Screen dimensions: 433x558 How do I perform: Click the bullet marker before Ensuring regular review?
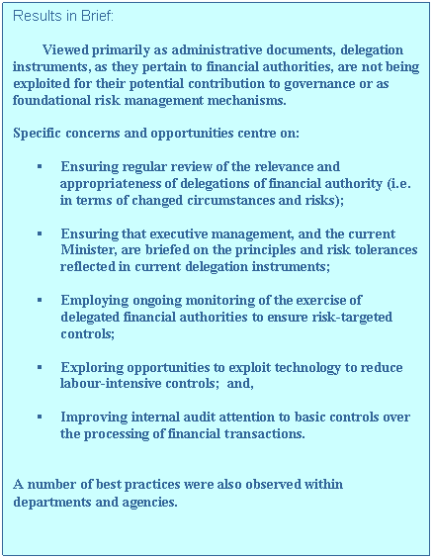click(x=38, y=167)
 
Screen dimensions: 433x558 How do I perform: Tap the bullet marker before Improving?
click(x=38, y=418)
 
